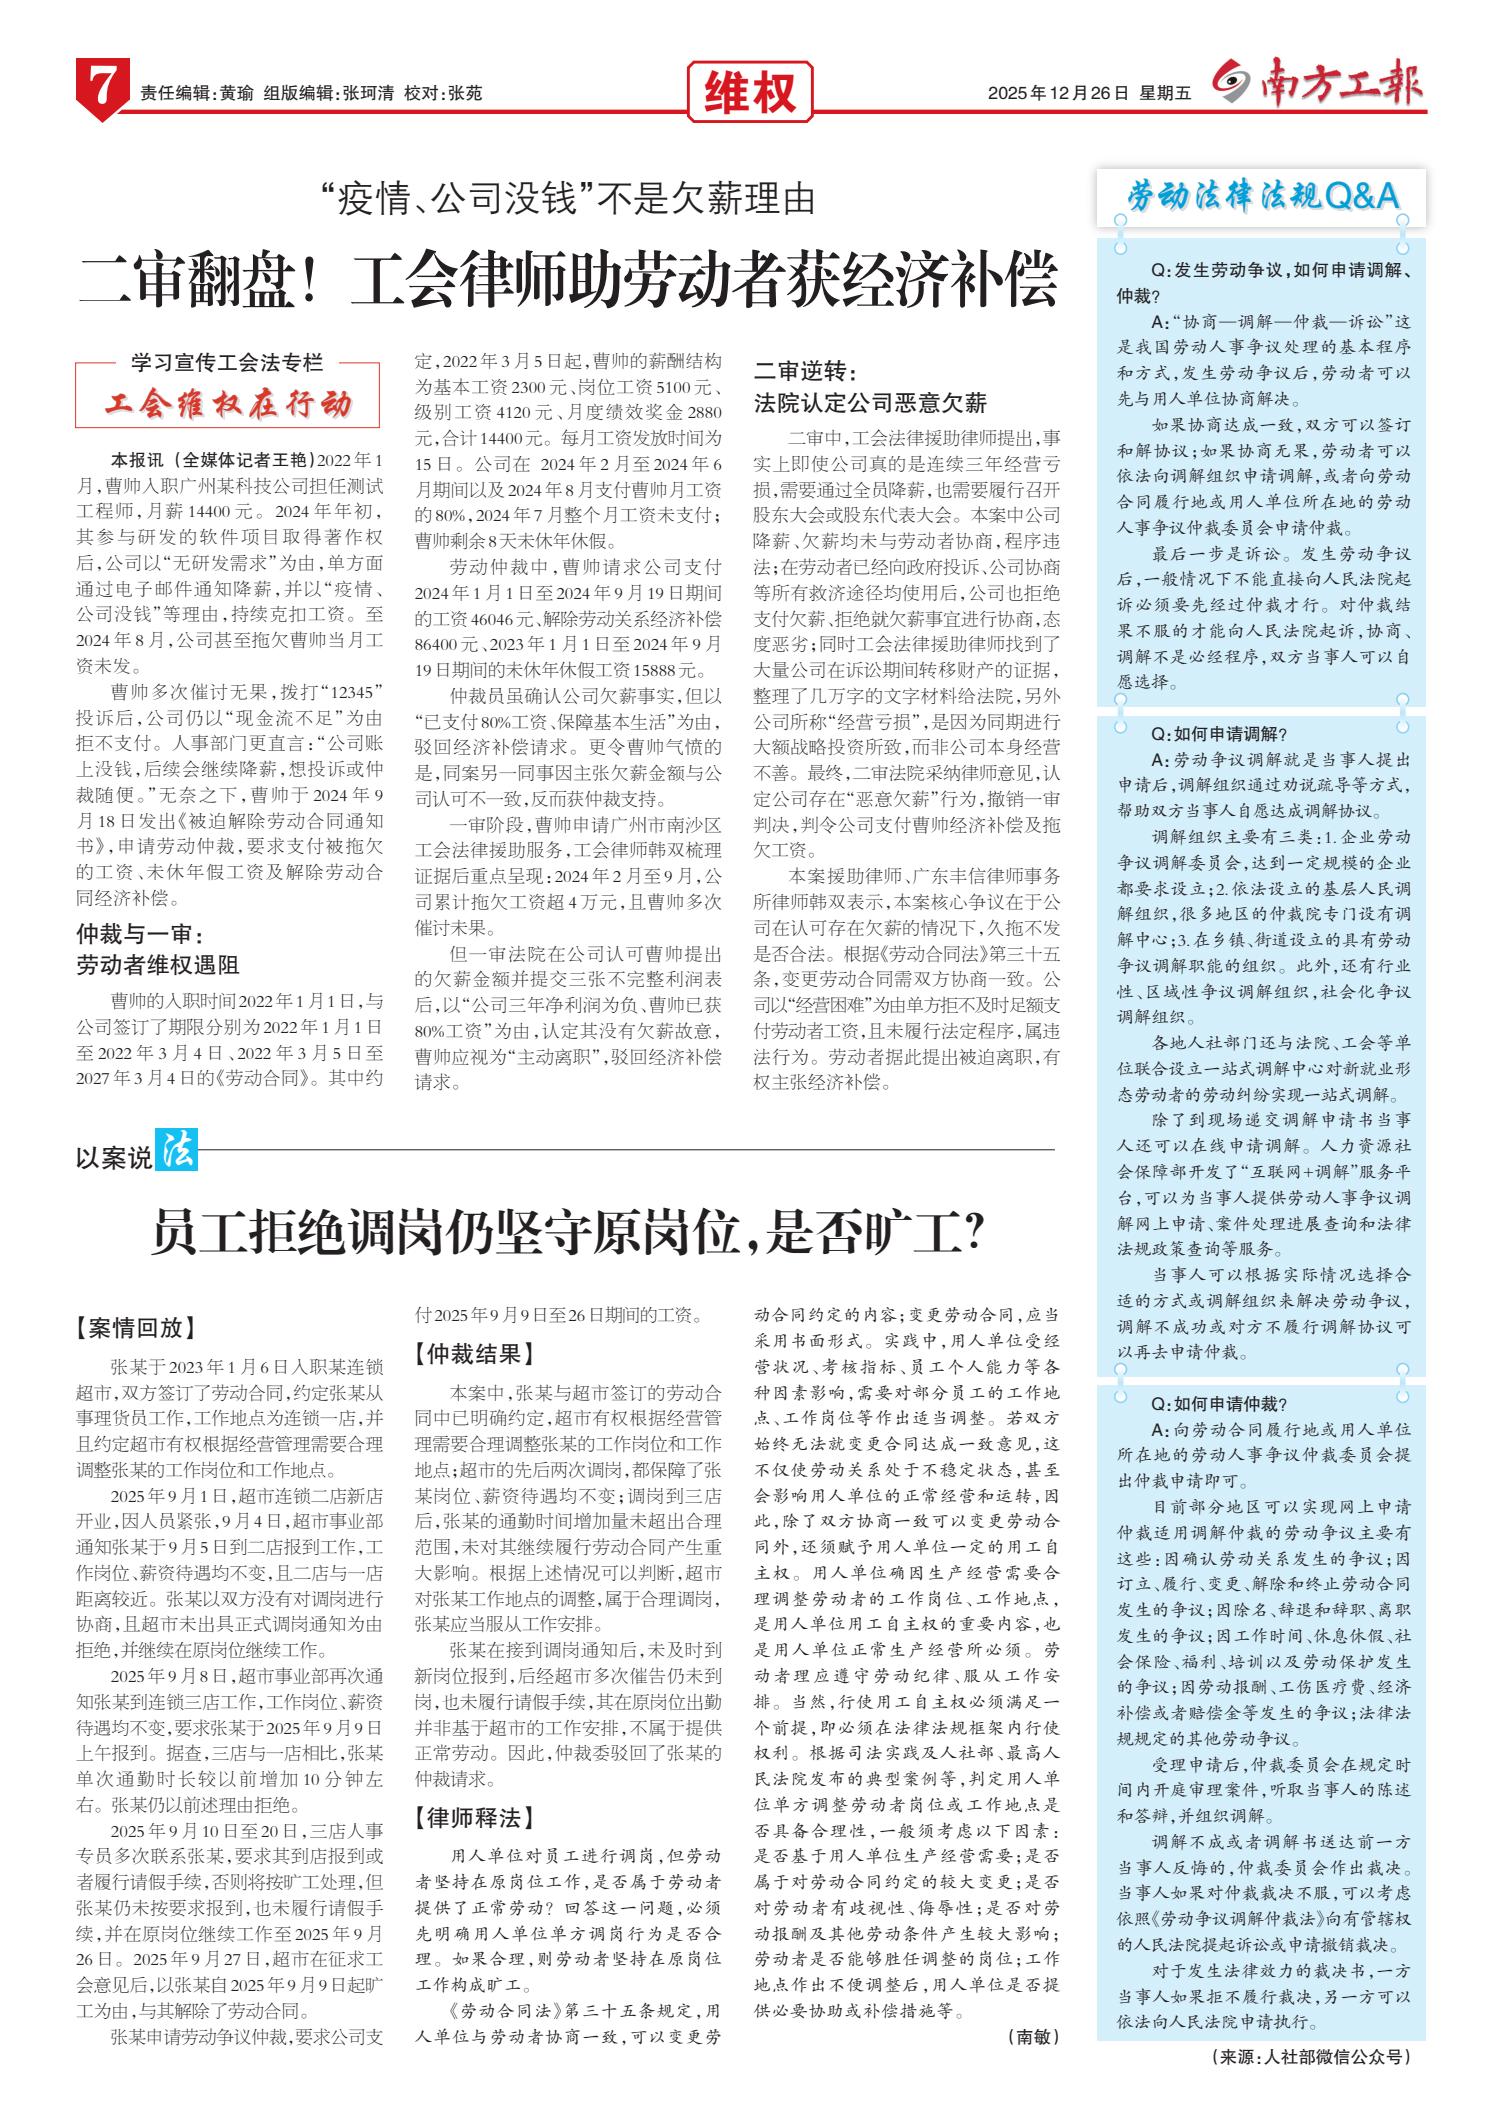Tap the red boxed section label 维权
(x=750, y=93)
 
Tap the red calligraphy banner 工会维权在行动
(x=229, y=405)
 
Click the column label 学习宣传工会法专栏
(x=228, y=363)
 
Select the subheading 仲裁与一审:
(x=140, y=936)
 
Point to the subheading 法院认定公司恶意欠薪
(x=870, y=403)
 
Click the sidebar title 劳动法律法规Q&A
(x=1262, y=198)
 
